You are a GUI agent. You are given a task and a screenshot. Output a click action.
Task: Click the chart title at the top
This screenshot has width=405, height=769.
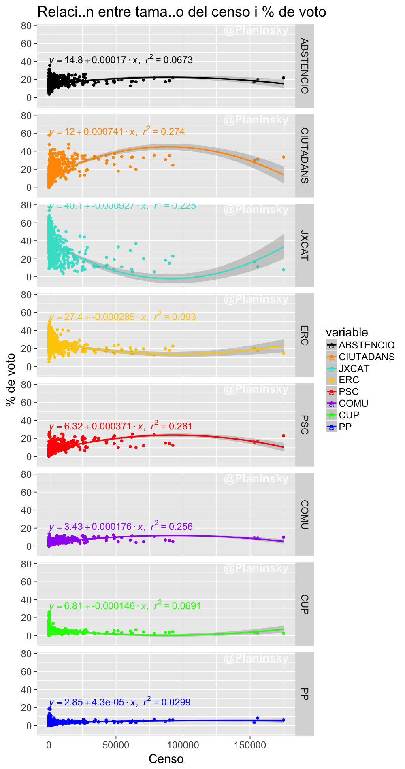tap(181, 12)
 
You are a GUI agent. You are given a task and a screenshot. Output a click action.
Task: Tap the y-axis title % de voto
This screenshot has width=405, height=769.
tap(11, 380)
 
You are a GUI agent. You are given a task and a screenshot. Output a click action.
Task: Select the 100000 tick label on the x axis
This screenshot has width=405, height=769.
tap(183, 745)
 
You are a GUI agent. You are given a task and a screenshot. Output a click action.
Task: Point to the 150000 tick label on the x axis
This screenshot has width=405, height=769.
tap(250, 745)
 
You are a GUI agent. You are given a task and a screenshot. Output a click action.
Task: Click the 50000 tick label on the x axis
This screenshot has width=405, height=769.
tap(116, 745)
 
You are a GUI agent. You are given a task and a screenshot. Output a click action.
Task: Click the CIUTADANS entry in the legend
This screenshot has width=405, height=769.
tap(367, 357)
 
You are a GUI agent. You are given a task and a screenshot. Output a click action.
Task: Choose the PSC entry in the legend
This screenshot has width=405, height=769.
tap(349, 391)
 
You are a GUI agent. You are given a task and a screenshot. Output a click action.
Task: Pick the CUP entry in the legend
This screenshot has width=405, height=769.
tap(349, 415)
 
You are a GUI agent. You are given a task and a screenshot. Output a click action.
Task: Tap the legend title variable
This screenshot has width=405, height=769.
tap(347, 332)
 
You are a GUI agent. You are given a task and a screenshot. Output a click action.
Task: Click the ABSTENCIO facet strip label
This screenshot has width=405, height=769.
tap(305, 66)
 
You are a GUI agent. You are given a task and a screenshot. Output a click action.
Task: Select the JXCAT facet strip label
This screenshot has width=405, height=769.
tap(305, 245)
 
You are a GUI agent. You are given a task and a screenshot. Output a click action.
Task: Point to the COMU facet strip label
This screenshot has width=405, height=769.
tap(305, 514)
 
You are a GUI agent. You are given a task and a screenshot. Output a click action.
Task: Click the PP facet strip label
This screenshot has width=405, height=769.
tap(305, 694)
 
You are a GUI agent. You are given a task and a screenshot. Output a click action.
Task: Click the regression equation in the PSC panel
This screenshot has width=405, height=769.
tap(121, 426)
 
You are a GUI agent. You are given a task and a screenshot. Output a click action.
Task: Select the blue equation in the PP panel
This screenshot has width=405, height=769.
tap(120, 702)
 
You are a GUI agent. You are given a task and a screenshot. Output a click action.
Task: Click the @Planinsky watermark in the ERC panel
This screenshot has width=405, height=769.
tap(256, 300)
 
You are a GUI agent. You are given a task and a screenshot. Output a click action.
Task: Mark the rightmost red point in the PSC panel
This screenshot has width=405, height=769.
tap(283, 435)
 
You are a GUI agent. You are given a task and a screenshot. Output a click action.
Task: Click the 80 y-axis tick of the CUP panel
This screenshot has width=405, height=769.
tap(26, 564)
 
